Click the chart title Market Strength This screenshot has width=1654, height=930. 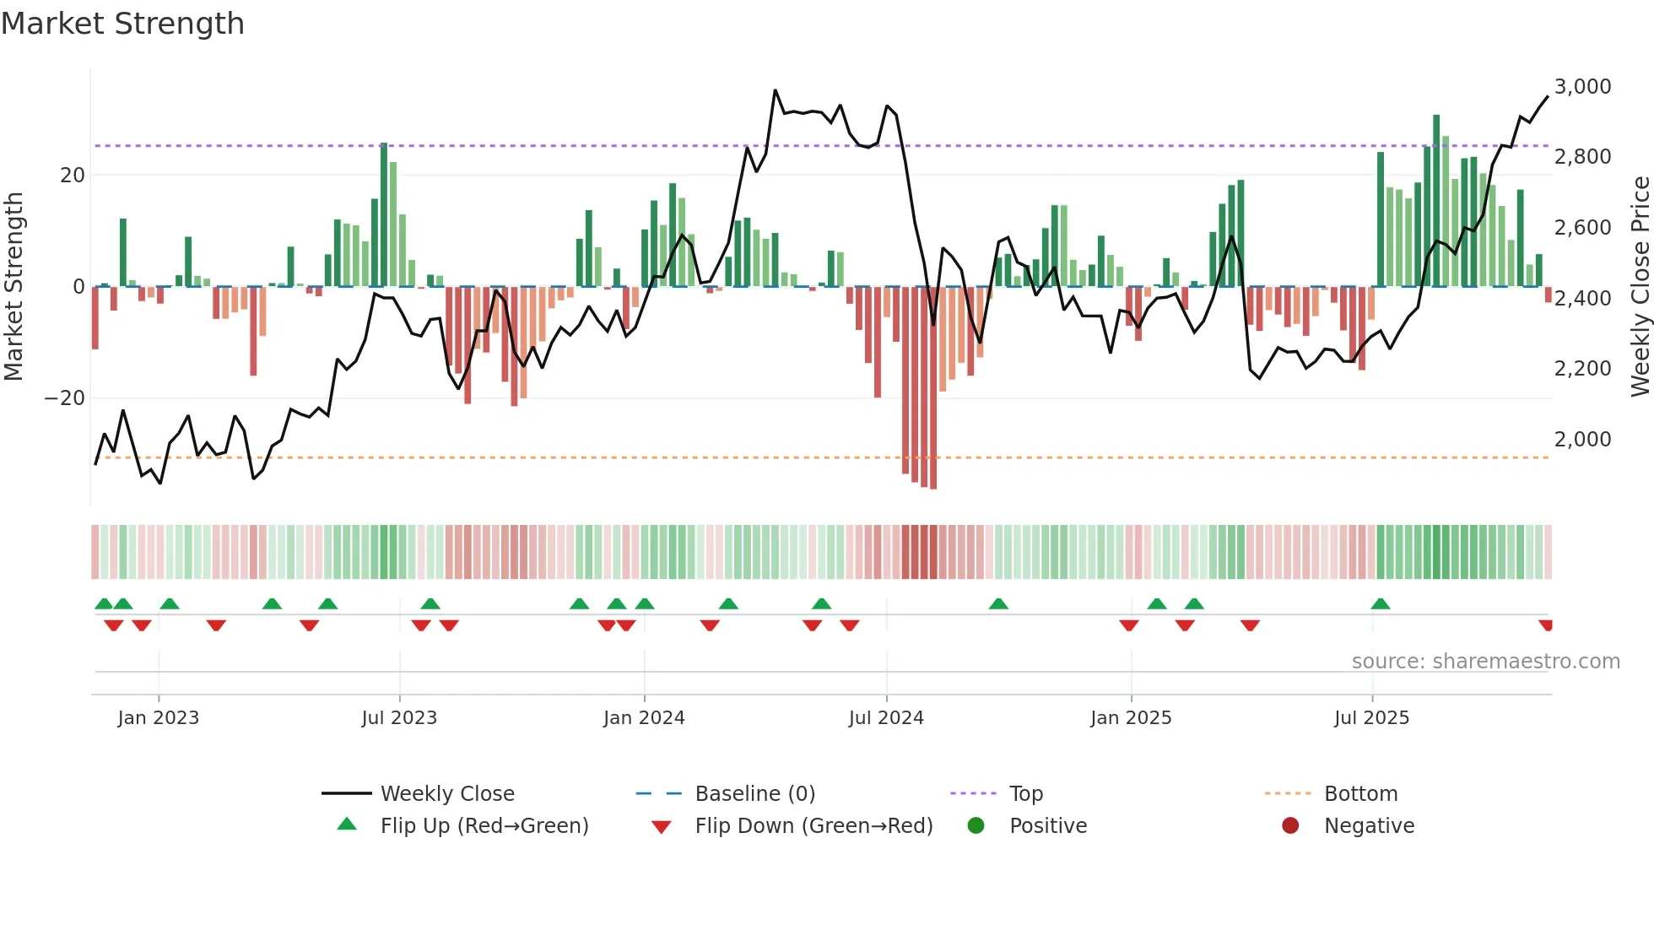(x=122, y=24)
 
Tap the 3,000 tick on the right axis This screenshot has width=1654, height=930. (x=1582, y=87)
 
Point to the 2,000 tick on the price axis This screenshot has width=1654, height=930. (x=1582, y=440)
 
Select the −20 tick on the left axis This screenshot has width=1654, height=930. (x=64, y=398)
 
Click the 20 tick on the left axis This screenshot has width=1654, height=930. (x=73, y=176)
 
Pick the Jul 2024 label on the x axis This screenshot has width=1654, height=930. (x=886, y=718)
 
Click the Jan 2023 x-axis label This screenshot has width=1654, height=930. (x=159, y=718)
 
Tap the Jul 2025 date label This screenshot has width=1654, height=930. (x=1371, y=718)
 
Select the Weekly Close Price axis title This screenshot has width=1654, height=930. (x=1640, y=287)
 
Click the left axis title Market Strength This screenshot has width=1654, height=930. (x=14, y=287)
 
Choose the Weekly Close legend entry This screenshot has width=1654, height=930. (x=447, y=794)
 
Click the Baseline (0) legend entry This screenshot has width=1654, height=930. (x=754, y=794)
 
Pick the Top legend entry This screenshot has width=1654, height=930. (x=1026, y=794)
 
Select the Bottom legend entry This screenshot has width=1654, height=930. (x=1360, y=794)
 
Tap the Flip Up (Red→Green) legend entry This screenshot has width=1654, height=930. (x=484, y=826)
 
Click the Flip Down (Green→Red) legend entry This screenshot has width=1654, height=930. (x=813, y=826)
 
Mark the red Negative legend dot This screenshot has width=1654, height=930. (x=1290, y=826)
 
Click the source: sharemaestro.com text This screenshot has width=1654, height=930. (x=1485, y=662)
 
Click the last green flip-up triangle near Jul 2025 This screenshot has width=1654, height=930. (x=1381, y=604)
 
